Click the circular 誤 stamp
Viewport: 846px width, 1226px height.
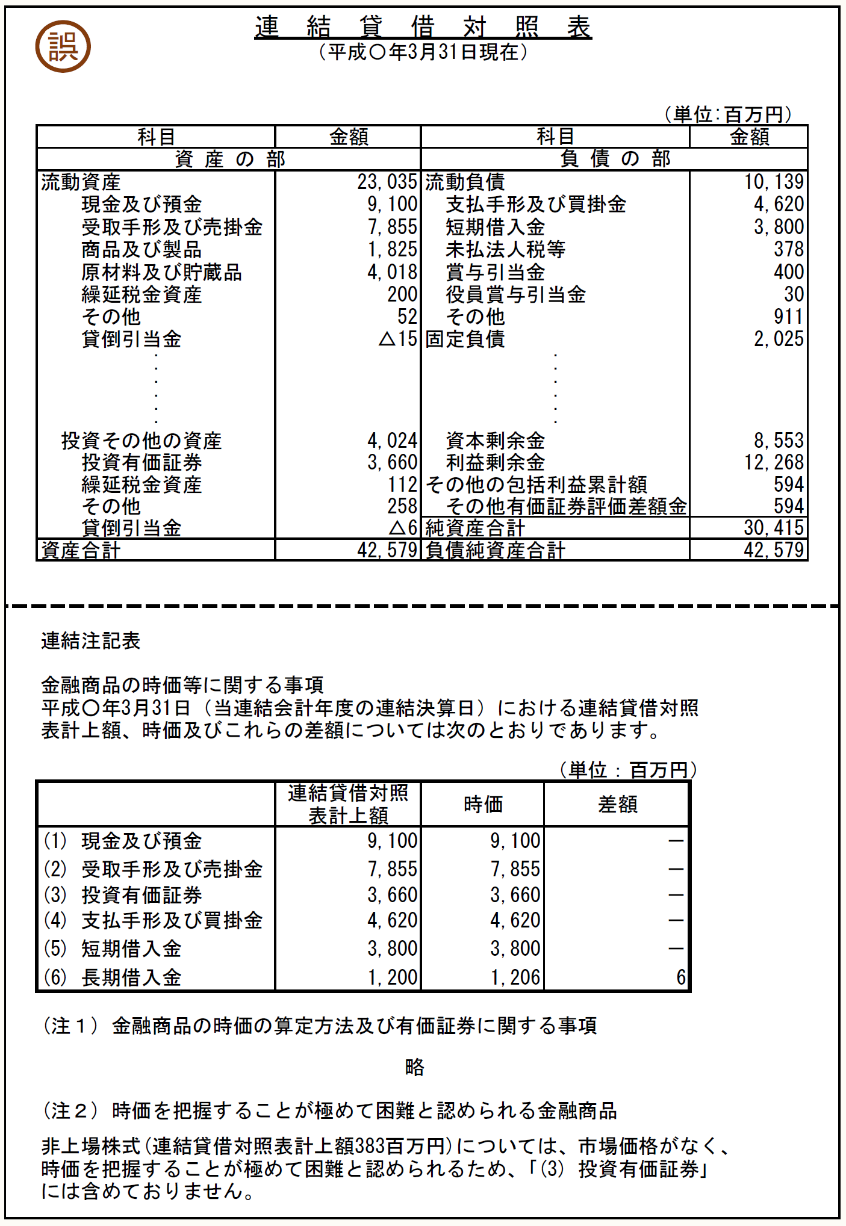point(63,47)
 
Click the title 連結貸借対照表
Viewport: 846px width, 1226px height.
point(423,27)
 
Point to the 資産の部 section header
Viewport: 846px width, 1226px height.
point(229,159)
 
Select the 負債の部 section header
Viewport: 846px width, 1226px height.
point(614,159)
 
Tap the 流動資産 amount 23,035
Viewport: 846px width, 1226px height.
point(387,182)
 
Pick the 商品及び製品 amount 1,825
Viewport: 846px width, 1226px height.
point(392,249)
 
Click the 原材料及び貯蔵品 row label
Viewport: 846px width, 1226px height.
point(161,272)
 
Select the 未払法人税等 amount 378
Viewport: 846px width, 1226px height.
point(788,249)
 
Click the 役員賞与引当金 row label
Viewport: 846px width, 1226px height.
point(515,294)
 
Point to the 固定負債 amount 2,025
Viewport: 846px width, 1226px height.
point(779,339)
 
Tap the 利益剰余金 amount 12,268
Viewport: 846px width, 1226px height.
point(774,462)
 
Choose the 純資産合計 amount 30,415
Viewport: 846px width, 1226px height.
point(774,528)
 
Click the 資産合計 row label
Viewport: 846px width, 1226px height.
point(81,550)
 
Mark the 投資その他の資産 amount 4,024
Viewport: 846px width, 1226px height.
point(392,441)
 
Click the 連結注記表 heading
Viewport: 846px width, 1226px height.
point(90,641)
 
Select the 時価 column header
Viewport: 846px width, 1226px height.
point(483,804)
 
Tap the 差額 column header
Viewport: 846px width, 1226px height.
point(617,804)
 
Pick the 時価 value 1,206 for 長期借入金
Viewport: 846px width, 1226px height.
point(515,977)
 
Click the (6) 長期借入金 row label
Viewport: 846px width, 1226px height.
point(113,977)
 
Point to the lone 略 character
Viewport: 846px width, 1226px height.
point(414,1067)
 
